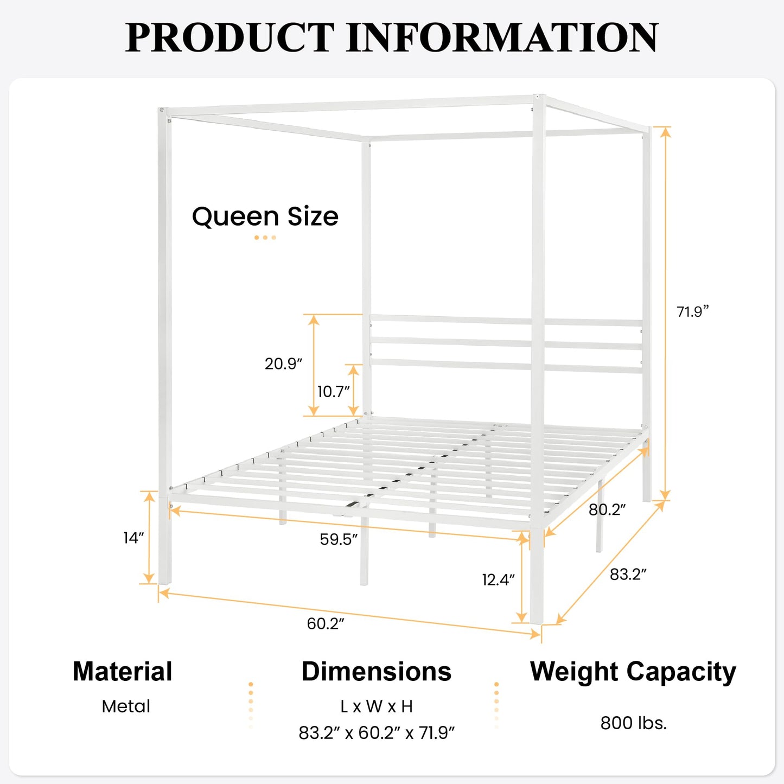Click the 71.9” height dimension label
click(692, 312)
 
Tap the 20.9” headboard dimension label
click(283, 364)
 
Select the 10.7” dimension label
click(333, 391)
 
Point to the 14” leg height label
click(133, 538)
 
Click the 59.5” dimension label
click(339, 539)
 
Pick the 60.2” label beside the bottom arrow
click(326, 623)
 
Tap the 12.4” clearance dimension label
click(498, 579)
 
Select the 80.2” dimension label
click(607, 509)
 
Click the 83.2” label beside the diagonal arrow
click(628, 574)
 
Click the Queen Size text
click(265, 216)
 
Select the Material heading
click(123, 672)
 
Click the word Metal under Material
click(126, 706)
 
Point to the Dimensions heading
click(377, 672)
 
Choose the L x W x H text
click(377, 706)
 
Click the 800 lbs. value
click(633, 723)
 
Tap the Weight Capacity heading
click(633, 672)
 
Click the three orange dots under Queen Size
click(265, 238)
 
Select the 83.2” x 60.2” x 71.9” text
click(377, 733)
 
